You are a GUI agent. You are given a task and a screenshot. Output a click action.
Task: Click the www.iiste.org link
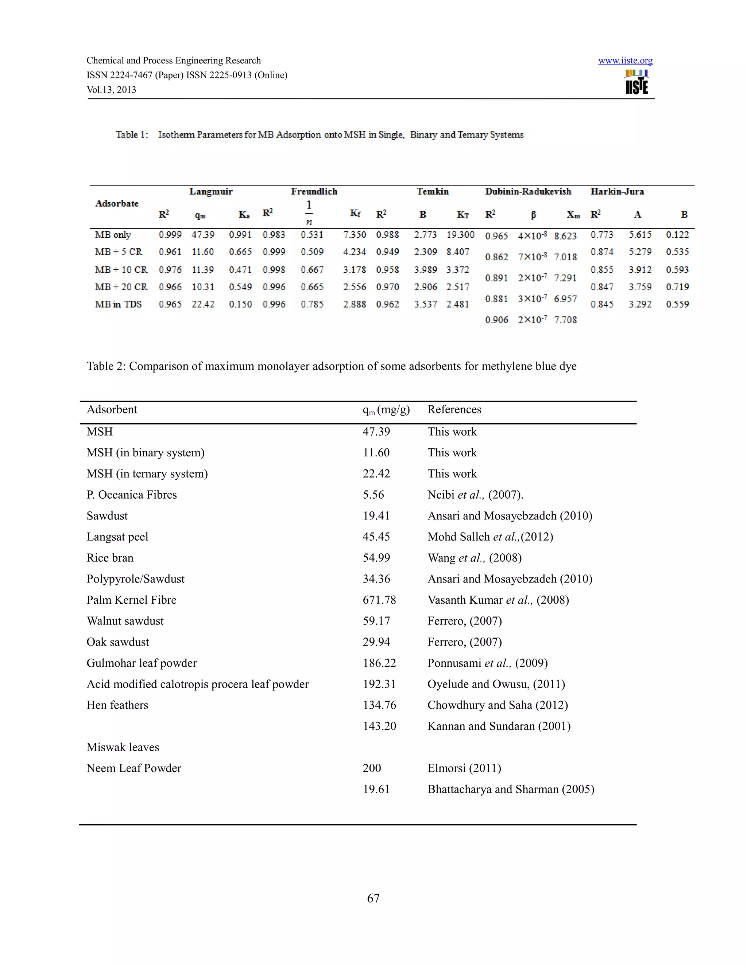point(625,61)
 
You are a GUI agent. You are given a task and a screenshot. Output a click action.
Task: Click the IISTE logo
point(637,82)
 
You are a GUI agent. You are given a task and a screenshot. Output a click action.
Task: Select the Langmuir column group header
point(211,191)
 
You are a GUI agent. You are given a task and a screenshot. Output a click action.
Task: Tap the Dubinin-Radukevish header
point(528,191)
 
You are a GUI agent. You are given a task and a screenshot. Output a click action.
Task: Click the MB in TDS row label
point(118,304)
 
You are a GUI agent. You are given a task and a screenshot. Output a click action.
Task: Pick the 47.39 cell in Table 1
point(203,235)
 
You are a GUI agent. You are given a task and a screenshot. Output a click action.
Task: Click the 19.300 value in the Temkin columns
point(460,235)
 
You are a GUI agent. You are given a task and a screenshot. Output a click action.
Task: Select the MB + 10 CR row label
point(121,270)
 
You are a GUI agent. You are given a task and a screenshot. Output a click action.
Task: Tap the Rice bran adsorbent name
point(110,558)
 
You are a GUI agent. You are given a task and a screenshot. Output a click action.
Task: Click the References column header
point(454,410)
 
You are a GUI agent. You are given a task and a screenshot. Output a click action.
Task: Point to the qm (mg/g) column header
point(386,410)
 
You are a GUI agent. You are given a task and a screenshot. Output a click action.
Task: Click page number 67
point(373,898)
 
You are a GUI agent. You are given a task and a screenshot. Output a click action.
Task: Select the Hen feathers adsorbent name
point(117,705)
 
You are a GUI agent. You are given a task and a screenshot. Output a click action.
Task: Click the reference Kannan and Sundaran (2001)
point(499,726)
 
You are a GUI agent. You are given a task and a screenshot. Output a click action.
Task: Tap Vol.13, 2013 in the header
point(111,90)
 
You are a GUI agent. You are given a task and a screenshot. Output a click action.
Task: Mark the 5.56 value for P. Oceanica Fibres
point(373,495)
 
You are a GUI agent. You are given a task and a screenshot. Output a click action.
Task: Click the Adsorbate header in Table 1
point(117,203)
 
